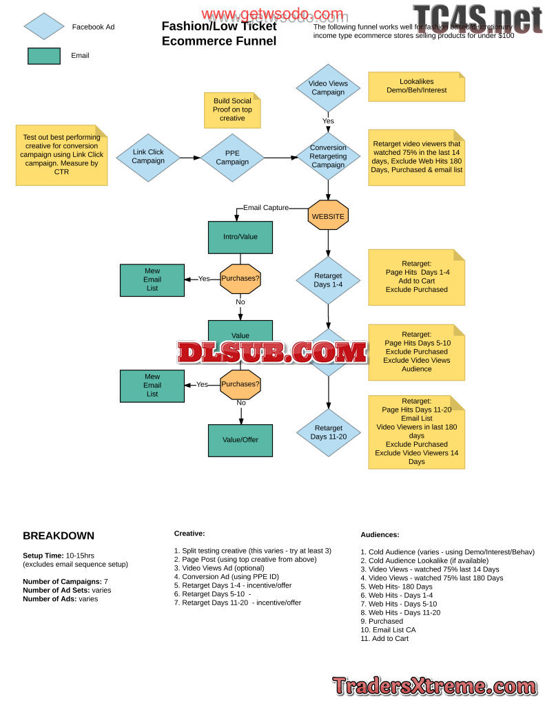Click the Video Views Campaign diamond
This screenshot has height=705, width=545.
tap(328, 87)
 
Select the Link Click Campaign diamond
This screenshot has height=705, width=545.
tap(148, 157)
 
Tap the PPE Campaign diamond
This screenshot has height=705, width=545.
tap(232, 157)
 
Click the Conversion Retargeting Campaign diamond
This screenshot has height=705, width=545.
tap(328, 156)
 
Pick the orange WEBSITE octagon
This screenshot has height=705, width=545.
tap(328, 216)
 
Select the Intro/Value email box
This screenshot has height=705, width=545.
tap(240, 237)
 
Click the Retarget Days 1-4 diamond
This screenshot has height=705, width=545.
tap(328, 280)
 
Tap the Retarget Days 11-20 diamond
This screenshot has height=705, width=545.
tap(328, 432)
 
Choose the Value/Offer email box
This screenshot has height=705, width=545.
tap(240, 440)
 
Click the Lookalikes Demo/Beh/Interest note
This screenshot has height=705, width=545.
tap(416, 86)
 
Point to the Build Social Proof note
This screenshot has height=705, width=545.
tap(232, 109)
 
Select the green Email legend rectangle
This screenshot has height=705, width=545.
tap(43, 56)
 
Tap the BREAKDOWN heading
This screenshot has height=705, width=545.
tap(59, 536)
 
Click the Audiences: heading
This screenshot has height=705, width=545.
tap(380, 534)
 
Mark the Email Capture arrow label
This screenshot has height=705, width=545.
tap(265, 207)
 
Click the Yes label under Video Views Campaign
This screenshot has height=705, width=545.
tap(328, 121)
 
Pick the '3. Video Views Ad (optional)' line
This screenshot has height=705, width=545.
tap(221, 568)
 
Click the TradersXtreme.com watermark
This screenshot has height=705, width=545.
tap(434, 686)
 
